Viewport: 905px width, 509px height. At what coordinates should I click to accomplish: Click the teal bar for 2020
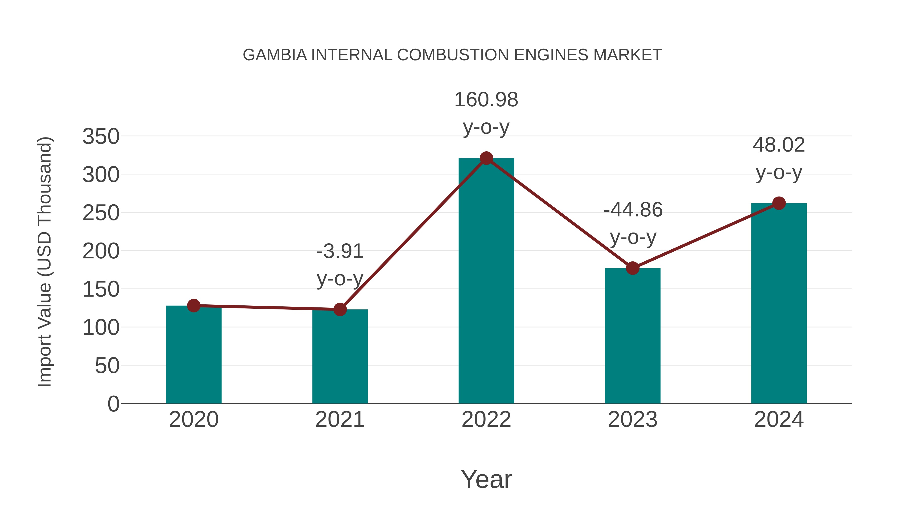[194, 355]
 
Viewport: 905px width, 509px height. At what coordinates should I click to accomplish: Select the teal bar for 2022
[486, 281]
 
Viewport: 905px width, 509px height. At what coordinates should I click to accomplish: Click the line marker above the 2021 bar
[340, 309]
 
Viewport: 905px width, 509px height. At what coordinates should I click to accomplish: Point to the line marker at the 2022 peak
[486, 158]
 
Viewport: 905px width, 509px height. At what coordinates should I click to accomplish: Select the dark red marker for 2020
[194, 306]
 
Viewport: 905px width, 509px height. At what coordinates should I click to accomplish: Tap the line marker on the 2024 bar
[779, 203]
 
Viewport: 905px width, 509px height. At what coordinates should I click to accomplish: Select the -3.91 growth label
[340, 252]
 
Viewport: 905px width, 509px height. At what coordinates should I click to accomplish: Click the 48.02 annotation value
[779, 145]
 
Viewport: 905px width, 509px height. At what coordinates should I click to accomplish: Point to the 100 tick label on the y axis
[101, 328]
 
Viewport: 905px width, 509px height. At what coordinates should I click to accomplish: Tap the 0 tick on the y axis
[113, 404]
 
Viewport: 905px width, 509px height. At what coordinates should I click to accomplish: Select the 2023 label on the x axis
[632, 420]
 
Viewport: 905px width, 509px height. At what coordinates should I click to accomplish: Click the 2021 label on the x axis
[340, 420]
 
